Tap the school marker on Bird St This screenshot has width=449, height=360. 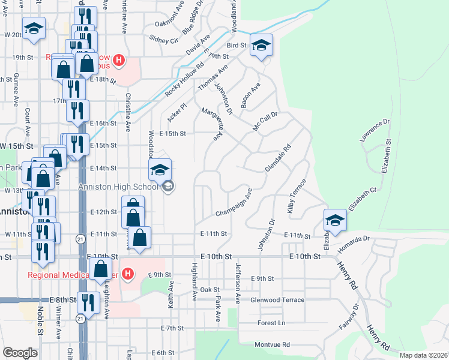click(261, 46)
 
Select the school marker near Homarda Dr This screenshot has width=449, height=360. click(335, 220)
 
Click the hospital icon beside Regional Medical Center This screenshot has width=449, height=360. click(127, 275)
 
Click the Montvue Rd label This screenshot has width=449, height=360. click(272, 344)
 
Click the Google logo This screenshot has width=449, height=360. click(20, 353)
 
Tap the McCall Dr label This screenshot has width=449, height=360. click(265, 122)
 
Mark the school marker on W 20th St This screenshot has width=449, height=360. click(34, 28)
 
